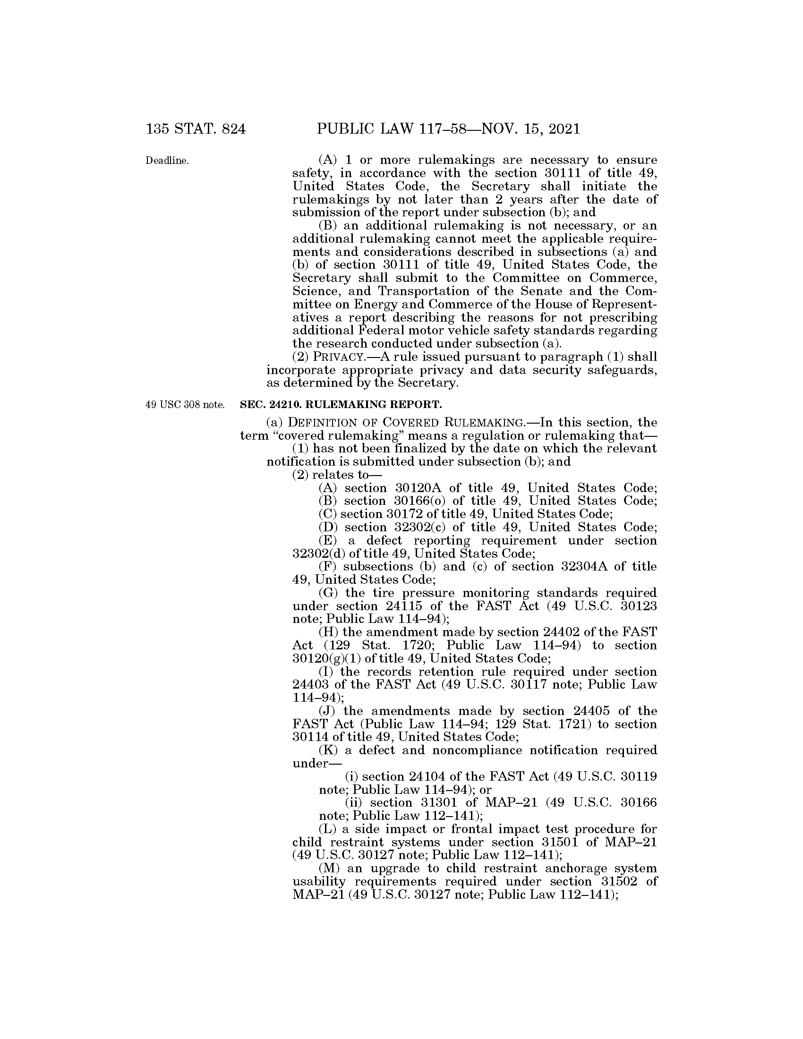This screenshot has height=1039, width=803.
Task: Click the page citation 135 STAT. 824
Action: (x=196, y=129)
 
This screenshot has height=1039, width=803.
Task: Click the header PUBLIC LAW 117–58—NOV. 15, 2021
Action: (x=448, y=129)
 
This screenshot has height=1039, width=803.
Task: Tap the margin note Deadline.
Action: (x=167, y=161)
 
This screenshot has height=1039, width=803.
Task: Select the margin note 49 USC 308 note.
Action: (x=185, y=405)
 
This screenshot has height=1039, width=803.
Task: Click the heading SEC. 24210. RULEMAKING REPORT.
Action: (x=341, y=405)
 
